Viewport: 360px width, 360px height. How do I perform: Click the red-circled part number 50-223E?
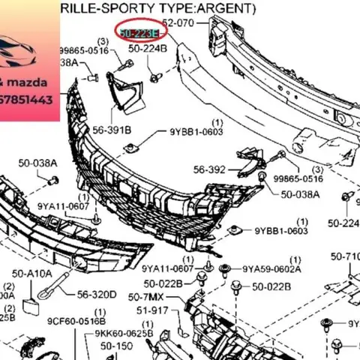pos(136,33)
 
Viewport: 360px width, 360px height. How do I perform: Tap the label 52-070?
pos(178,23)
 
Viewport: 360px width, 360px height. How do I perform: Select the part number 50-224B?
pos(148,49)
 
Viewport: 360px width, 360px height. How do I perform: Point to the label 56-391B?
pos(111,130)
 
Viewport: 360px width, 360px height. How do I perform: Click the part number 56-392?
pos(209,169)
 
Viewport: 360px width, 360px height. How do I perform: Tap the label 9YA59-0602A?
pos(271,268)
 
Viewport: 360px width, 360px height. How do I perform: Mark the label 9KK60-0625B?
pos(124,333)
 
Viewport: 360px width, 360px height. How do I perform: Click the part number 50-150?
pos(116,346)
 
